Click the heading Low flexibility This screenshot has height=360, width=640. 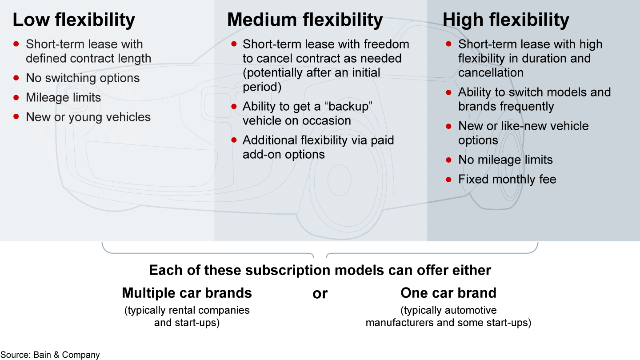pyautogui.click(x=74, y=20)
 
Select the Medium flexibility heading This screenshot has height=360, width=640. pyautogui.click(x=305, y=20)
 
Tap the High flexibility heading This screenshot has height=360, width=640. pyautogui.click(x=506, y=20)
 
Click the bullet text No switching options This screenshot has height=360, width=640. pyautogui.click(x=83, y=78)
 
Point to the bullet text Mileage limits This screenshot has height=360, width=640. pyautogui.click(x=64, y=98)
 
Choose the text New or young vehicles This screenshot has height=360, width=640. pyautogui.click(x=88, y=117)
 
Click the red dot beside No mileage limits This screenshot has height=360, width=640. pyautogui.click(x=449, y=160)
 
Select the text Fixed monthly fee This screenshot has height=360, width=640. pyautogui.click(x=507, y=180)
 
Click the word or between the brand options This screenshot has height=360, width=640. pyautogui.click(x=320, y=294)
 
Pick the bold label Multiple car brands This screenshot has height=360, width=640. pyautogui.click(x=187, y=293)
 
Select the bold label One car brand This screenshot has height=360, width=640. pyautogui.click(x=448, y=293)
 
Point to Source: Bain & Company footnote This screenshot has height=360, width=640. pyautogui.click(x=50, y=355)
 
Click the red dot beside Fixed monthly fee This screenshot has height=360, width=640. pyautogui.click(x=449, y=179)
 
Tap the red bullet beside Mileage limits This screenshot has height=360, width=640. pyautogui.click(x=16, y=97)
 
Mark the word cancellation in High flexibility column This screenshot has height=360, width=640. pyautogui.click(x=491, y=72)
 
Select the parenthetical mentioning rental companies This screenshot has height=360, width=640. pyautogui.click(x=187, y=316)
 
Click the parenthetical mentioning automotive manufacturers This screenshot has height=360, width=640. pyautogui.click(x=448, y=316)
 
